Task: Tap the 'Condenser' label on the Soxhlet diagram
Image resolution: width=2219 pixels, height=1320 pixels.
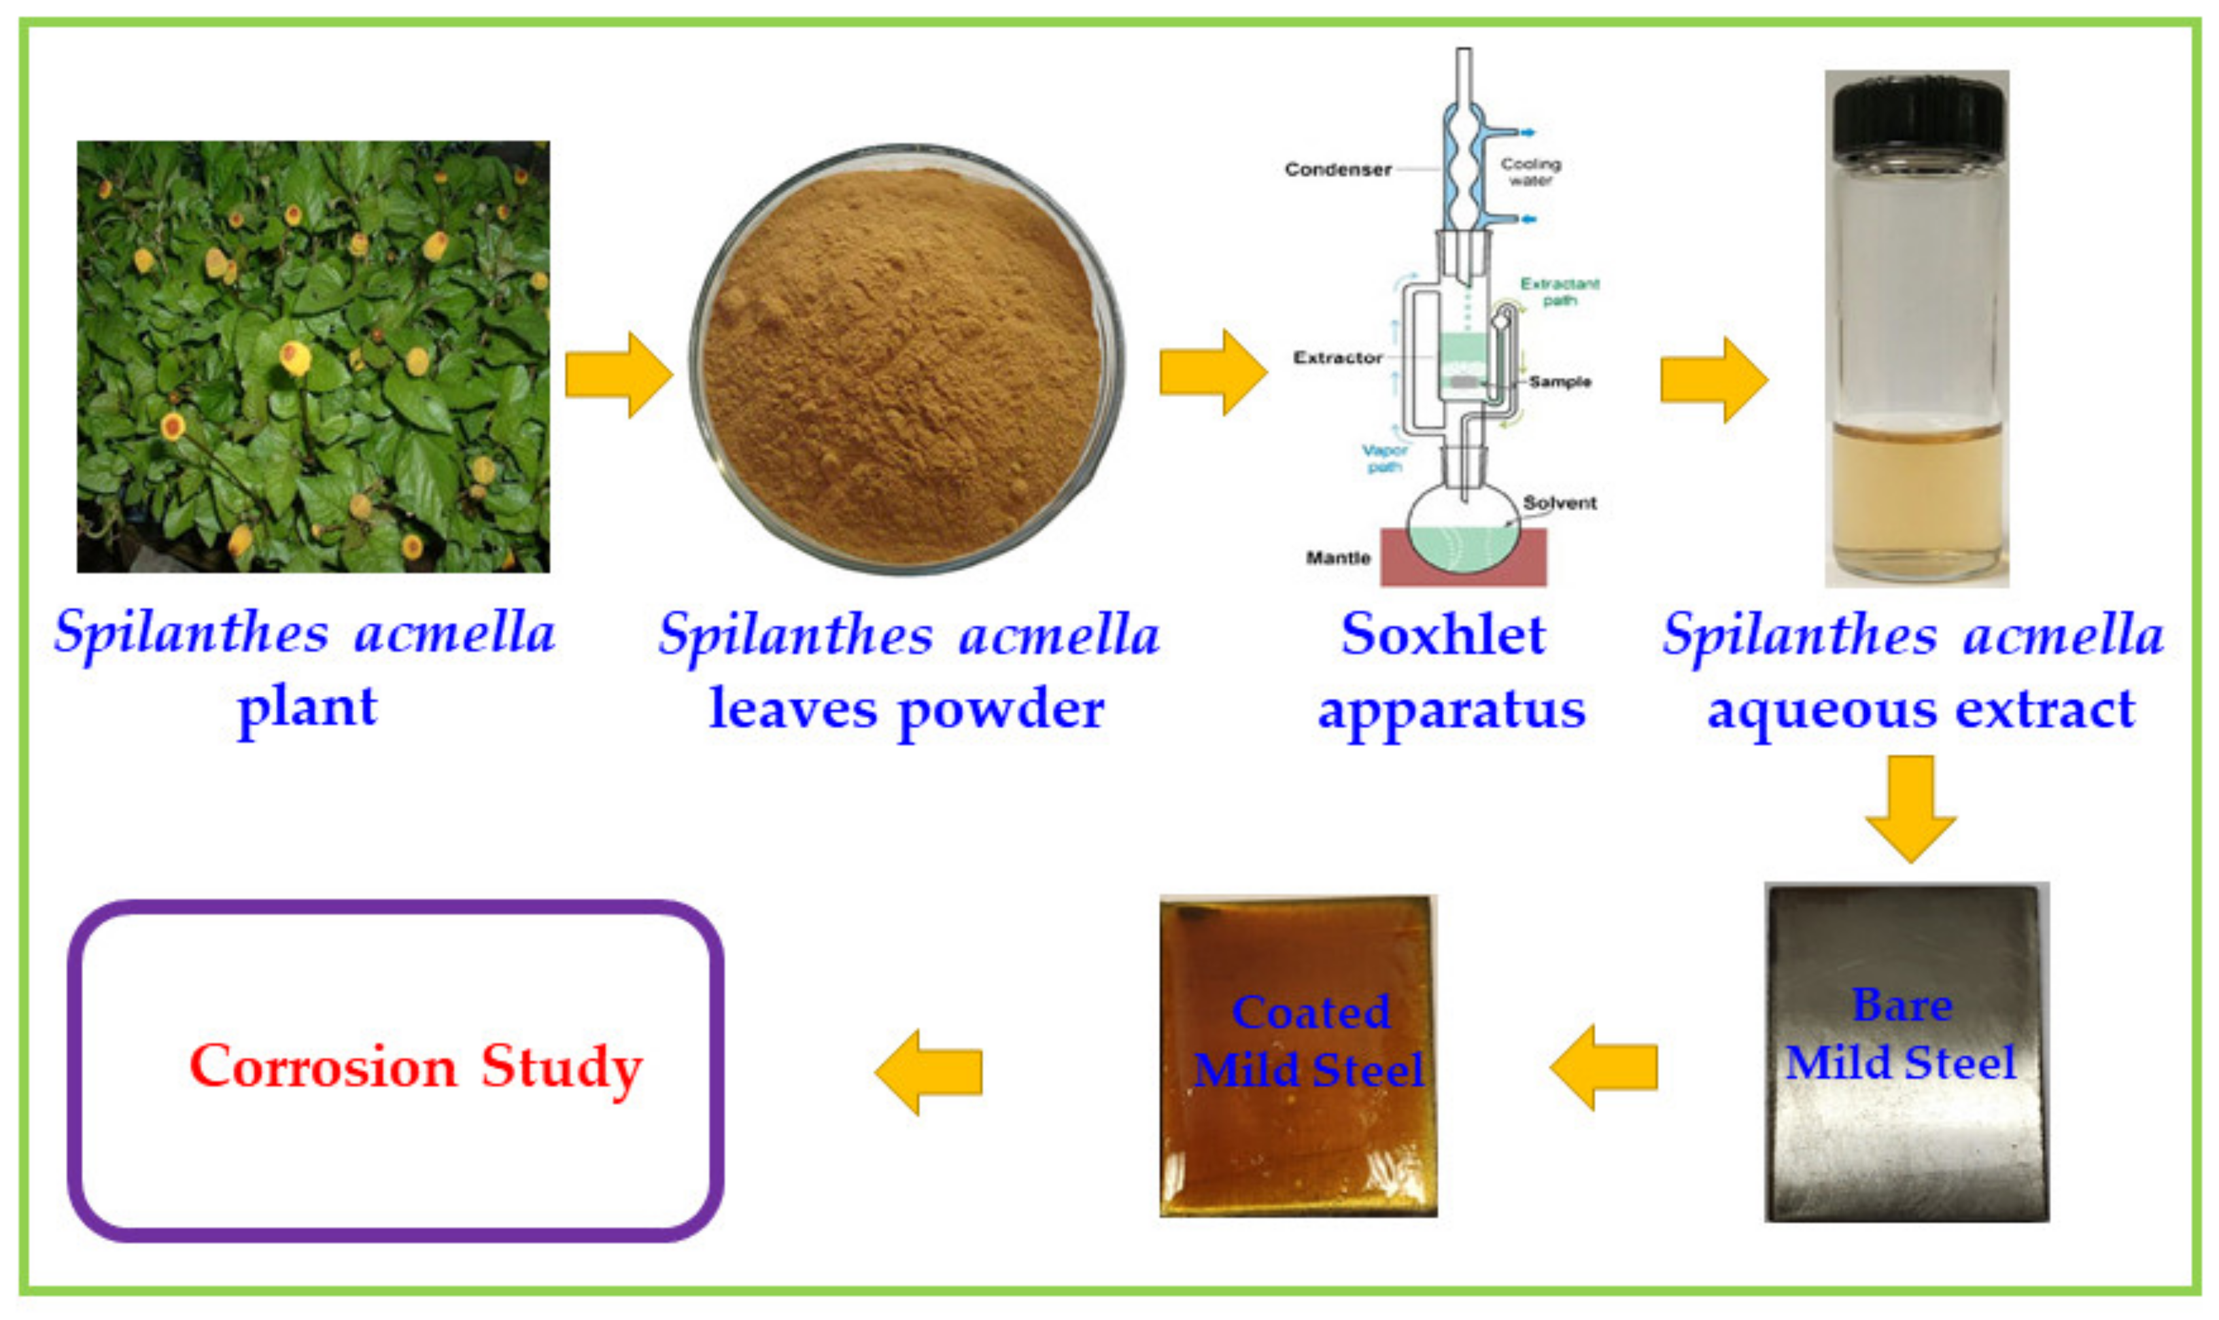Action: coord(1337,169)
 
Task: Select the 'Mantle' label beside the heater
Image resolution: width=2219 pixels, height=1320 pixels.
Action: coord(1337,558)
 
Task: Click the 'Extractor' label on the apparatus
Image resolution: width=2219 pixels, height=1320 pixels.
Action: coord(1337,358)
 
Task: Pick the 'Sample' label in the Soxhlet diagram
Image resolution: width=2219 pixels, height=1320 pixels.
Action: coord(1560,381)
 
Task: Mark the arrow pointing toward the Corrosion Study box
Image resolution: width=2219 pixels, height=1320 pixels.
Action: coord(929,1071)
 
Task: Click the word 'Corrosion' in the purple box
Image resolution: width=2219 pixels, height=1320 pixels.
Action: coord(323,1066)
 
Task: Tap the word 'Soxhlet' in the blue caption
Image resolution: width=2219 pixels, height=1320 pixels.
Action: coord(1443,635)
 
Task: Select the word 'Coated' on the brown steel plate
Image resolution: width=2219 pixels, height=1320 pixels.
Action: coord(1311,1012)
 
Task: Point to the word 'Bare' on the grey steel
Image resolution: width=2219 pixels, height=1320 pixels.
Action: coord(1902,1005)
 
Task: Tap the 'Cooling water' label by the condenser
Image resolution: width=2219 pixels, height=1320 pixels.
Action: coord(1530,171)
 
